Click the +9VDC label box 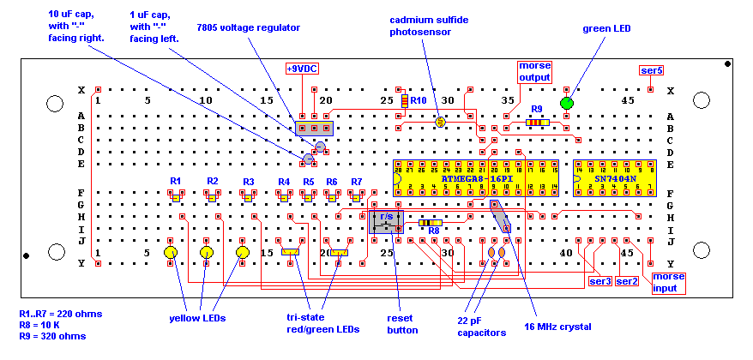[x=301, y=69]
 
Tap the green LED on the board [x=566, y=104]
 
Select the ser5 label [x=652, y=69]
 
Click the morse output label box [x=534, y=71]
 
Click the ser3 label [x=599, y=281]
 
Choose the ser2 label [x=627, y=281]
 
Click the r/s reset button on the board [x=386, y=222]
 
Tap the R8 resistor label [x=433, y=231]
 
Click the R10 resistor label [x=419, y=100]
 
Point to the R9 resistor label [x=537, y=109]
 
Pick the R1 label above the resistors [x=175, y=181]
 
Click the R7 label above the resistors [x=357, y=182]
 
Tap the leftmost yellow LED [x=171, y=254]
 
